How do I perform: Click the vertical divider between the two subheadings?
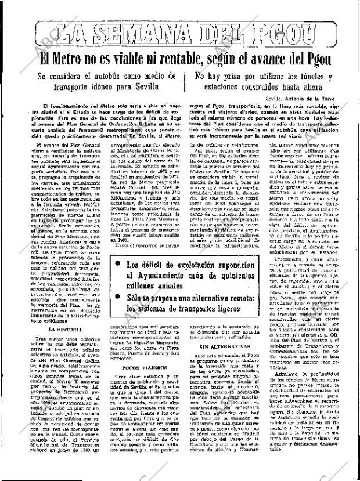(x=185, y=82)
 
